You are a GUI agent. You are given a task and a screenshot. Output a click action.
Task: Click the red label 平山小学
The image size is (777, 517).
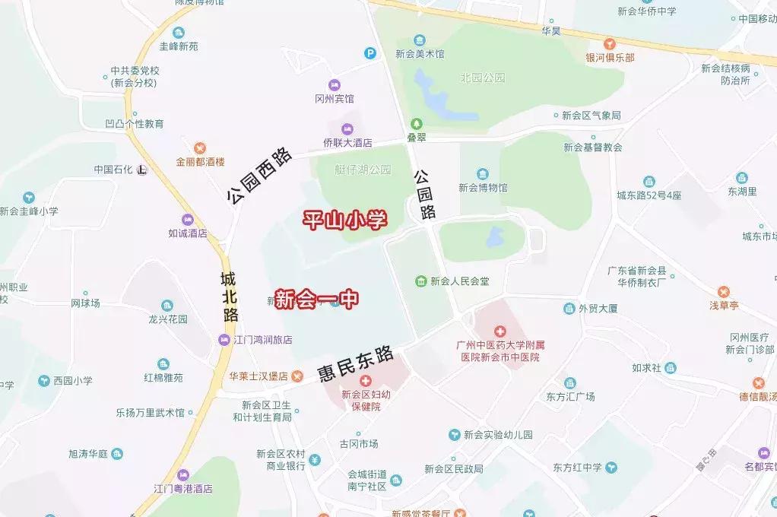point(345,220)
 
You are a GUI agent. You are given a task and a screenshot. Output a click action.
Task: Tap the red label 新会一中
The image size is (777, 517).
point(316,300)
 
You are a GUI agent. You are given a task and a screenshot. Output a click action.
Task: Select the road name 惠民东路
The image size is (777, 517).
point(355,364)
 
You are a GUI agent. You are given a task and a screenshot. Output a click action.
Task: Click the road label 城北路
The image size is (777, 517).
point(230,297)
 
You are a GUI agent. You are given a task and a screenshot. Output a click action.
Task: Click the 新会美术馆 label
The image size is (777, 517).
point(420,54)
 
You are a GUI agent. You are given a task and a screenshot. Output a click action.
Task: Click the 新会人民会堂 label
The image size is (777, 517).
point(459,281)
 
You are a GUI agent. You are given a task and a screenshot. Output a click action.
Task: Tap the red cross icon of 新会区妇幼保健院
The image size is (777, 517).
point(365,380)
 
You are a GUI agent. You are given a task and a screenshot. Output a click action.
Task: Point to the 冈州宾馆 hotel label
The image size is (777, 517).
point(335,98)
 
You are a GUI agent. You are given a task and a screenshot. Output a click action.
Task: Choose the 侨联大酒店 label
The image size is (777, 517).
point(347,142)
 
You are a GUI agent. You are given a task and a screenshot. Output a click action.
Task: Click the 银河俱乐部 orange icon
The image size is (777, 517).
point(609,44)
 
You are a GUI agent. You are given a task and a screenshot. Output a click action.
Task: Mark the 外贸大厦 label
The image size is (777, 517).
point(597,308)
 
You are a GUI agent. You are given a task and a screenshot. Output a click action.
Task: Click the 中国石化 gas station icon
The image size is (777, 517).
point(142,169)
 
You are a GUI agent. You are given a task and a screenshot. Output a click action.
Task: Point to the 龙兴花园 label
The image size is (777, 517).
point(168,319)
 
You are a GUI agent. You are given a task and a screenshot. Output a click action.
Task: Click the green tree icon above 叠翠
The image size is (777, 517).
point(416,124)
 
